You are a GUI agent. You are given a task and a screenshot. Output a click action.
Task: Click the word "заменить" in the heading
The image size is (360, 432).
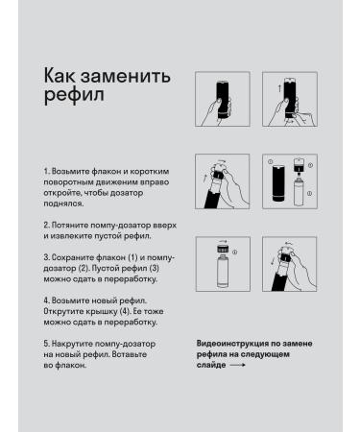[125, 77]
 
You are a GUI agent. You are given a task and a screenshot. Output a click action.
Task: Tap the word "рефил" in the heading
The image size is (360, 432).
[74, 95]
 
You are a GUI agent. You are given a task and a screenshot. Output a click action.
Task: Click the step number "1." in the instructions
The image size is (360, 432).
[47, 172]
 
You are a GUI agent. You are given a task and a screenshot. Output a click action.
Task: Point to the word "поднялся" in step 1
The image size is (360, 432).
[63, 204]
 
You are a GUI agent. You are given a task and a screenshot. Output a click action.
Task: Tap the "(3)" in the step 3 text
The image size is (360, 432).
[153, 268]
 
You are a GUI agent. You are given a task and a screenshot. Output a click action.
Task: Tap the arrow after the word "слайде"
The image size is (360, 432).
[238, 365]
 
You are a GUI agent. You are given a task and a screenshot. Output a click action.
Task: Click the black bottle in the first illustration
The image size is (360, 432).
[223, 100]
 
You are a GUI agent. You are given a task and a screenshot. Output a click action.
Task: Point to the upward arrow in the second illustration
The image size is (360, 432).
[279, 88]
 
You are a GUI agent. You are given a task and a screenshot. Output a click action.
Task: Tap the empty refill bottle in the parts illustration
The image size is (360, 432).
[299, 193]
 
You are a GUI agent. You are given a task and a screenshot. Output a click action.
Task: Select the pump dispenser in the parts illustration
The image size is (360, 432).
[299, 165]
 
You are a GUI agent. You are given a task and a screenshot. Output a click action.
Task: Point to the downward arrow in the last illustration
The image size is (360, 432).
[273, 260]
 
